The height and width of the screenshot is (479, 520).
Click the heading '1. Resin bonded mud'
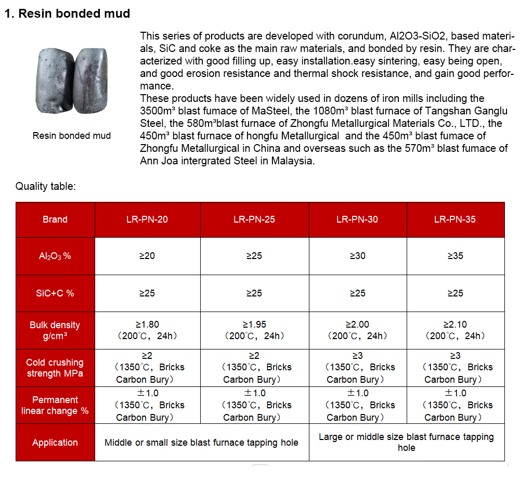tap(67, 14)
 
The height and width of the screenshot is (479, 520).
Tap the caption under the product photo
tap(72, 136)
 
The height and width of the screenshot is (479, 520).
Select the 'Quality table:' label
tap(46, 186)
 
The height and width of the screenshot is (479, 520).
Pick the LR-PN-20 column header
tap(147, 219)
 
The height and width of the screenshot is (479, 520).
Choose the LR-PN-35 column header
tap(455, 219)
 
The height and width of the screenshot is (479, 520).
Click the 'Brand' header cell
tap(55, 219)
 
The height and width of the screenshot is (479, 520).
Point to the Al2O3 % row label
tap(55, 256)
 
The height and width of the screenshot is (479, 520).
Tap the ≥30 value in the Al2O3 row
tap(357, 256)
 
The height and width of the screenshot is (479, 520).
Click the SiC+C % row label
tap(55, 293)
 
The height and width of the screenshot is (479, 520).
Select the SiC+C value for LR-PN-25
tap(254, 293)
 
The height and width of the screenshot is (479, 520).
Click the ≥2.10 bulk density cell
tap(455, 330)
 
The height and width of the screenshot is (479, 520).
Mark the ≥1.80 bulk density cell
tap(147, 330)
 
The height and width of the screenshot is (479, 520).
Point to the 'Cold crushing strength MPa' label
tap(55, 368)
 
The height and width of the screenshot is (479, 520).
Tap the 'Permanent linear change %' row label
tap(55, 405)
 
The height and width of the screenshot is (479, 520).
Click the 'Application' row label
tap(55, 443)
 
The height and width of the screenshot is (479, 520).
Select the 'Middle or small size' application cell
tap(202, 443)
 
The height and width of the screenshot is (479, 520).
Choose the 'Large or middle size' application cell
tap(406, 442)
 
